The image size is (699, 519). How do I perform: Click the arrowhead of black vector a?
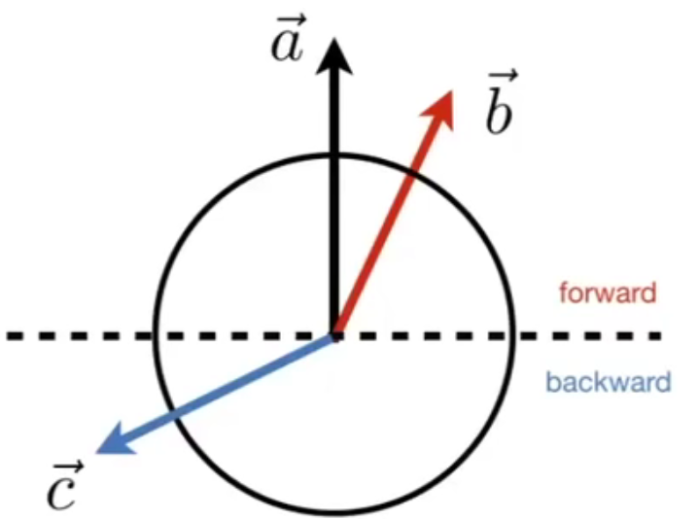(334, 53)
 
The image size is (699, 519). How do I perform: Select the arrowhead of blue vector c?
(108, 443)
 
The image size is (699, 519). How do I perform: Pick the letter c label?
(64, 491)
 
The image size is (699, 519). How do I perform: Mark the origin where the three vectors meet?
(334, 336)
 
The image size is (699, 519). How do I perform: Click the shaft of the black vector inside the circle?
(334, 243)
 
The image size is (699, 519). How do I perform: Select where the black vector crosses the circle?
(334, 156)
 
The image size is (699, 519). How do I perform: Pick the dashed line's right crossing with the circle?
(513, 336)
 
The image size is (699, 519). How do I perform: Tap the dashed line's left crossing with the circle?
(155, 336)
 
